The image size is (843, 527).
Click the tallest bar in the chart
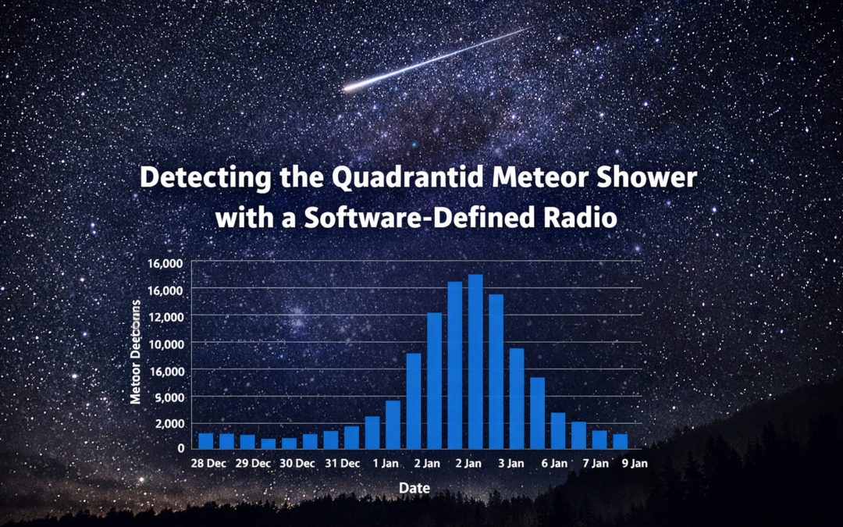[475, 361]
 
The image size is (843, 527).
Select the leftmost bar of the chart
[206, 440]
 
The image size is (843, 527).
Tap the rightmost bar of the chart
[621, 441]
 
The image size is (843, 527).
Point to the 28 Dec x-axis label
[208, 463]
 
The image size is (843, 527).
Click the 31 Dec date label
[343, 463]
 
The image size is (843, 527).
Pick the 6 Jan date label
[553, 463]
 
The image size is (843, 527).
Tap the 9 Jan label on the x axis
[633, 463]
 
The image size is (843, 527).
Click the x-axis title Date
[414, 488]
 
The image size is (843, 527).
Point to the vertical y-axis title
[136, 354]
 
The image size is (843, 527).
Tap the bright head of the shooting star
[349, 87]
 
